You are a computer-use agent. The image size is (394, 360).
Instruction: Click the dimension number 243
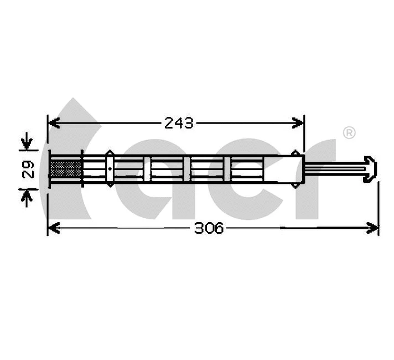click(179, 123)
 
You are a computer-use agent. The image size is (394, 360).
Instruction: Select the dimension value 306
click(209, 228)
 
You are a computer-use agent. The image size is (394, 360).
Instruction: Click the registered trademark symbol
click(349, 132)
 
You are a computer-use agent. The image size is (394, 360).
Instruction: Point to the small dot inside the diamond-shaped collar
click(110, 168)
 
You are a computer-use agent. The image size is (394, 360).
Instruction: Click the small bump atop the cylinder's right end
click(296, 153)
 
